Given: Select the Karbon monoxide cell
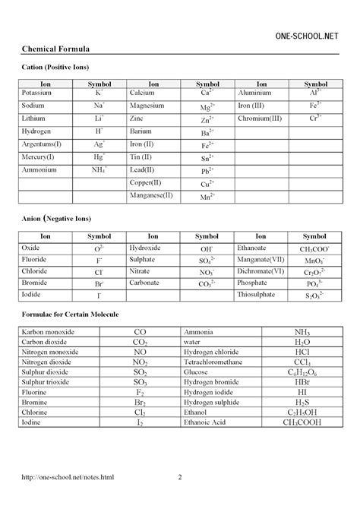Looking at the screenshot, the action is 52,332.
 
